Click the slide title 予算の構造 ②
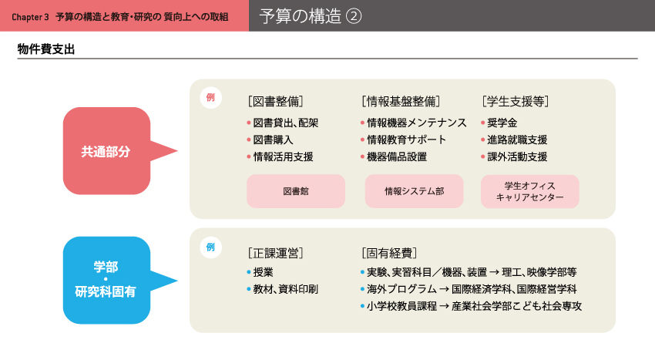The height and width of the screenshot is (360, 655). tap(311, 16)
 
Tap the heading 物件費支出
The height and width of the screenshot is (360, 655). tap(46, 49)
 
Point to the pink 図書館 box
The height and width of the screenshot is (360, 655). tap(296, 191)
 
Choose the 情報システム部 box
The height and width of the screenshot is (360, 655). tap(414, 191)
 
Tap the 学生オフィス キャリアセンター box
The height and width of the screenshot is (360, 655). tap(529, 191)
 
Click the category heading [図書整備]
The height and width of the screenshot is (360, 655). tap(276, 101)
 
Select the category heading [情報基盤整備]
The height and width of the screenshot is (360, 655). tap(401, 101)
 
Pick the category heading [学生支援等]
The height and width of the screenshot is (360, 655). tap(515, 101)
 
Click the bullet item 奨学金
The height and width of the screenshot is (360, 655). tap(499, 123)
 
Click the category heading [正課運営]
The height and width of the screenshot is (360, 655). tap(276, 253)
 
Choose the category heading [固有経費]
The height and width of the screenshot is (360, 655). tap(389, 253)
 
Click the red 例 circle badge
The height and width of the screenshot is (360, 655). tap(210, 97)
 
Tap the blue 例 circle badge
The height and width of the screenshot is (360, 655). tap(210, 247)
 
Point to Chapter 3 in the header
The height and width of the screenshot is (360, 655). tap(30, 17)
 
